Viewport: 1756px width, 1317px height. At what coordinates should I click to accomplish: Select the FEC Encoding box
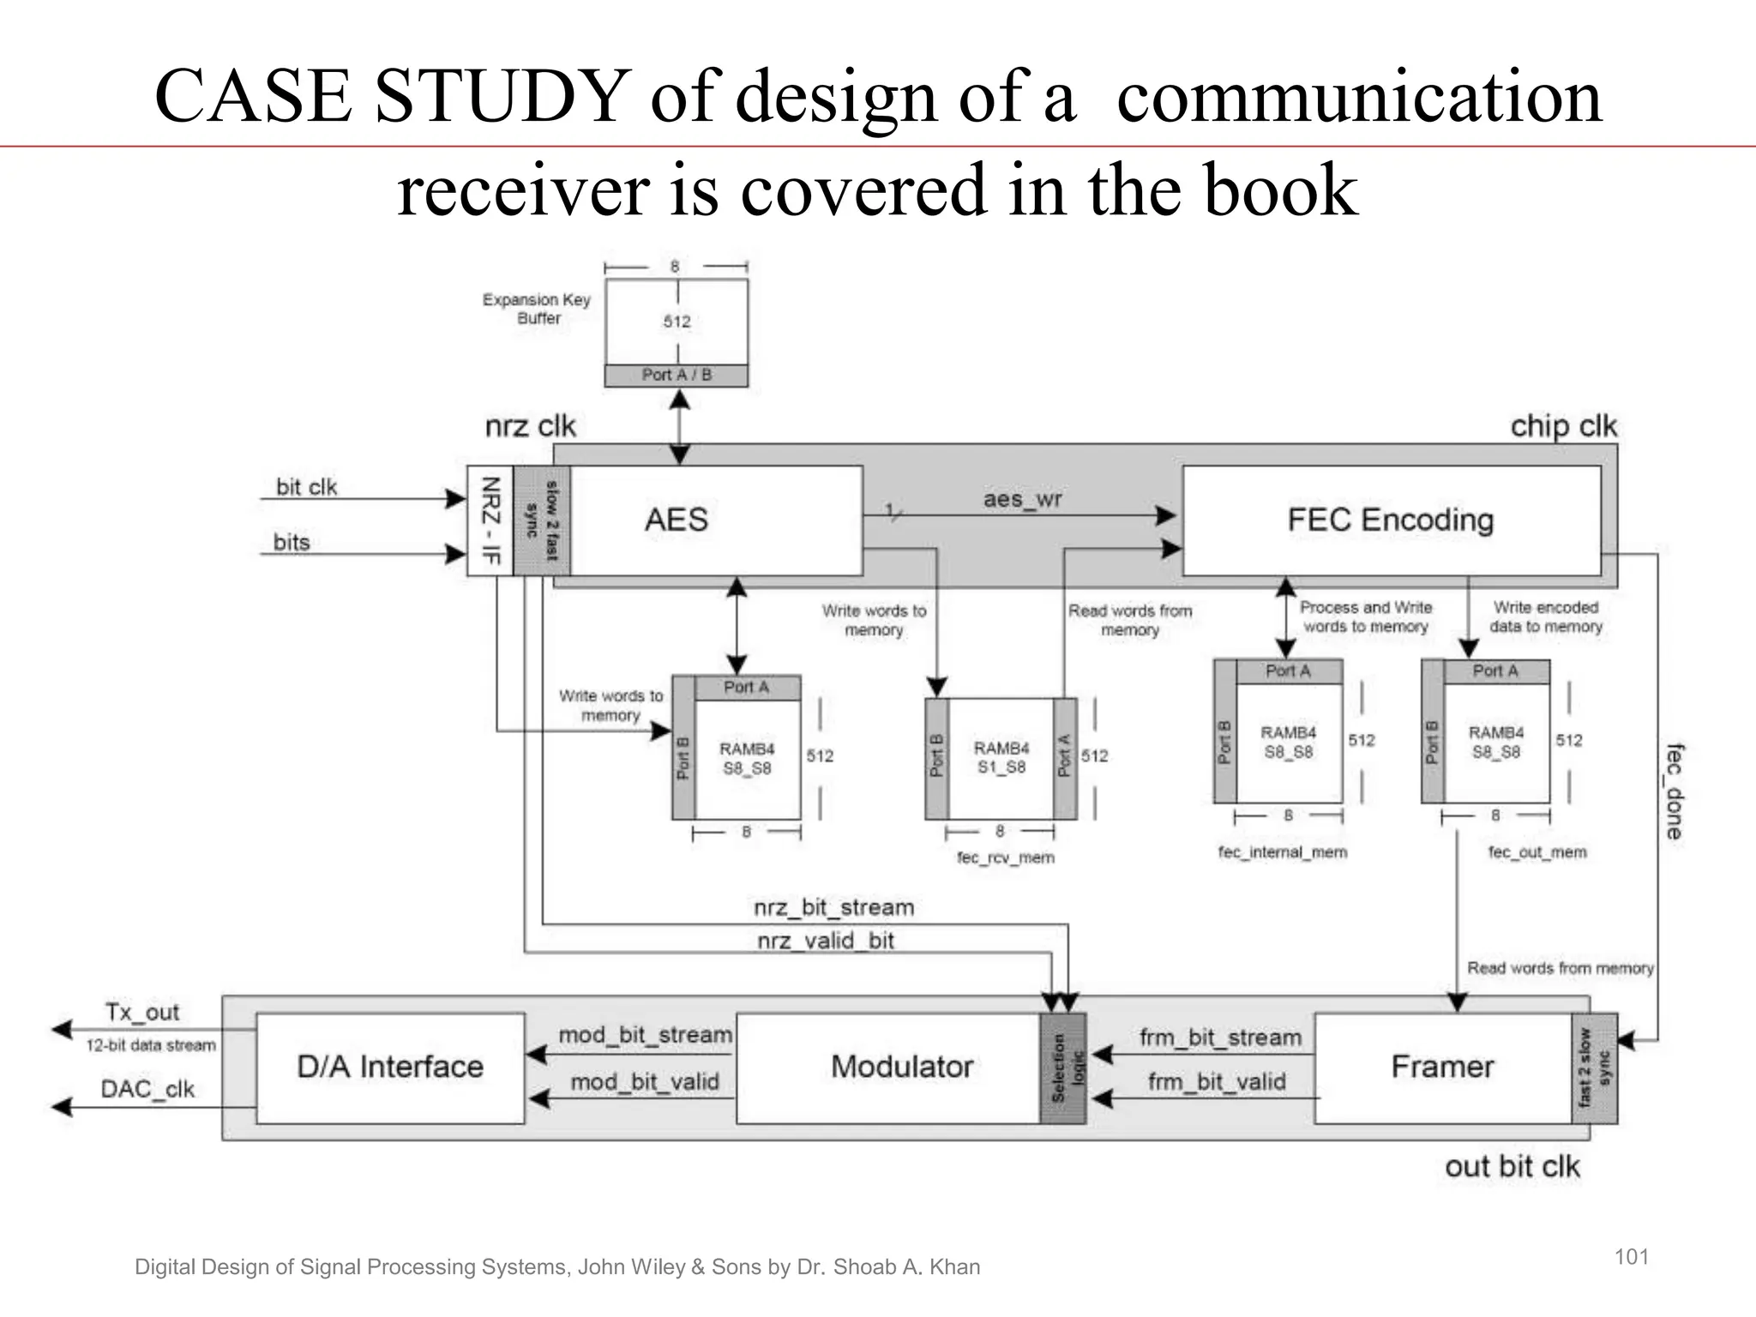click(1391, 520)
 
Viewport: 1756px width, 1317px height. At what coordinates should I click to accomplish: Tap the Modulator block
click(901, 1067)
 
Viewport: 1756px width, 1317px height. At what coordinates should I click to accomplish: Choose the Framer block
click(1442, 1067)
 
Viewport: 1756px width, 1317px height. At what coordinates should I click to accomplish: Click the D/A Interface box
click(390, 1067)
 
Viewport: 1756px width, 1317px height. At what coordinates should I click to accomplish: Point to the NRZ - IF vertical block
click(490, 520)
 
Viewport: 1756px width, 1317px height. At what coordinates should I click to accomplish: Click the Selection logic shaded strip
click(1063, 1068)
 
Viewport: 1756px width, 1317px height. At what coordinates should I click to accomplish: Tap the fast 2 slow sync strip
click(1595, 1068)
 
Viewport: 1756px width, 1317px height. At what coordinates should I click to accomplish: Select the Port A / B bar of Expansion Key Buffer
click(677, 376)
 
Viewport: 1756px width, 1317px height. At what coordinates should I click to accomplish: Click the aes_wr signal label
click(1022, 499)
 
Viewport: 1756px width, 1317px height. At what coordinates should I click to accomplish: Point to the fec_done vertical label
click(1674, 791)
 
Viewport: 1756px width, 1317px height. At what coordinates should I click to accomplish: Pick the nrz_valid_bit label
click(826, 941)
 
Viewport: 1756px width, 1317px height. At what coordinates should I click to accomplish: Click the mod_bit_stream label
click(645, 1035)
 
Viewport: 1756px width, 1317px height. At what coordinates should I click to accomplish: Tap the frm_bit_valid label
click(1217, 1082)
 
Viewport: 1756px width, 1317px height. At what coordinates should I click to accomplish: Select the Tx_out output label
click(142, 1013)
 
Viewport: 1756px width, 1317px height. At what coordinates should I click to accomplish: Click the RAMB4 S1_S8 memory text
click(1001, 758)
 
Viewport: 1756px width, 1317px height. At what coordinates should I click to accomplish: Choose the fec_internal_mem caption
click(1283, 852)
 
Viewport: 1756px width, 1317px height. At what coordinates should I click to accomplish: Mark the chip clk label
click(1563, 426)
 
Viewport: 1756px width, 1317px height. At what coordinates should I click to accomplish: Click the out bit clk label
click(1512, 1167)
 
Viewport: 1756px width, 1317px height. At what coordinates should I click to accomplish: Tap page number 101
click(1632, 1257)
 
